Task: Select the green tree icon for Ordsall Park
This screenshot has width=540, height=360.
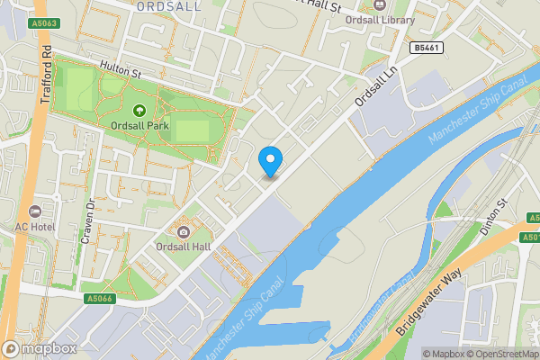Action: tap(139, 111)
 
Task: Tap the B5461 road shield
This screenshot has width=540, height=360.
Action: tap(429, 47)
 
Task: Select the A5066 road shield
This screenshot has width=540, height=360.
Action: tap(101, 299)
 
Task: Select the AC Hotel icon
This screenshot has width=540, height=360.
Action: tap(35, 211)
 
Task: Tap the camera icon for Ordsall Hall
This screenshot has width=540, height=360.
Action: tap(184, 231)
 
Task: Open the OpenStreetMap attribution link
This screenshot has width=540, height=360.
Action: tap(498, 354)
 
